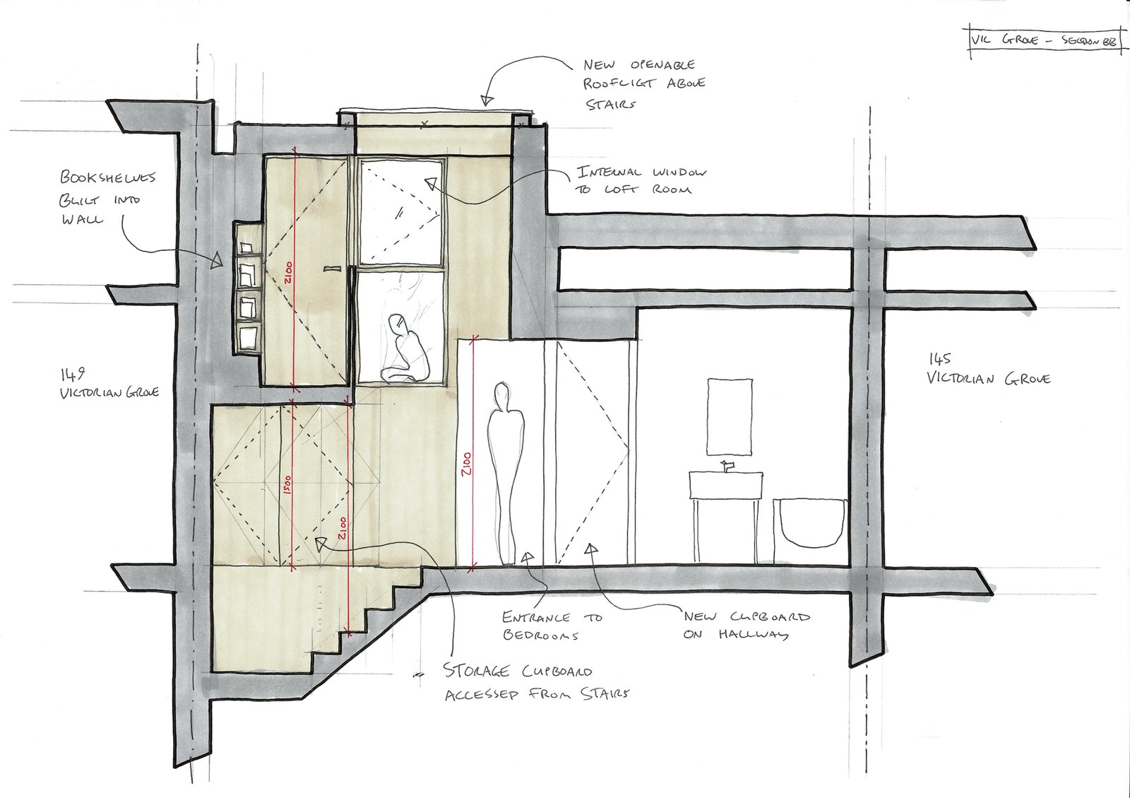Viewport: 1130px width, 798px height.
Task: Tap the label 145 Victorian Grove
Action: click(x=988, y=369)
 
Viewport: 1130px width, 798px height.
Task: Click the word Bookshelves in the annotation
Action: click(x=107, y=177)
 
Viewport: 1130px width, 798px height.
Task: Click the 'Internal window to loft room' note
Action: click(x=642, y=180)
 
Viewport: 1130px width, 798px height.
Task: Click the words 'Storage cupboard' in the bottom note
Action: click(x=518, y=671)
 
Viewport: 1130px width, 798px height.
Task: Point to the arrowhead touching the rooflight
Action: click(x=485, y=100)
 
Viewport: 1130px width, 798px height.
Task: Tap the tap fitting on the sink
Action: click(x=727, y=466)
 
